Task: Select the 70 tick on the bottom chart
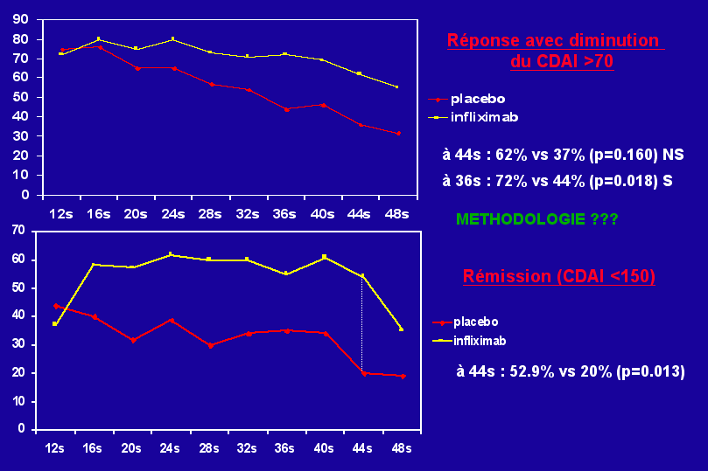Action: coord(16,231)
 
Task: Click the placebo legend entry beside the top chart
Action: coord(477,99)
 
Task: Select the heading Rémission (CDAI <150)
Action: coord(559,276)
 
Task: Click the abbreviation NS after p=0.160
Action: coord(673,155)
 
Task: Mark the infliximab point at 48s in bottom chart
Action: coord(401,329)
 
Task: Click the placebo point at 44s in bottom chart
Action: coord(362,372)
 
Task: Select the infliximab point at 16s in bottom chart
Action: coord(94,265)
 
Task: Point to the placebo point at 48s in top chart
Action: coord(397,133)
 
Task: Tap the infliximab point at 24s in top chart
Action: coord(172,38)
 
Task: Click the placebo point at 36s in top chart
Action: coord(286,109)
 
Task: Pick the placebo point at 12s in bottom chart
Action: coord(55,306)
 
